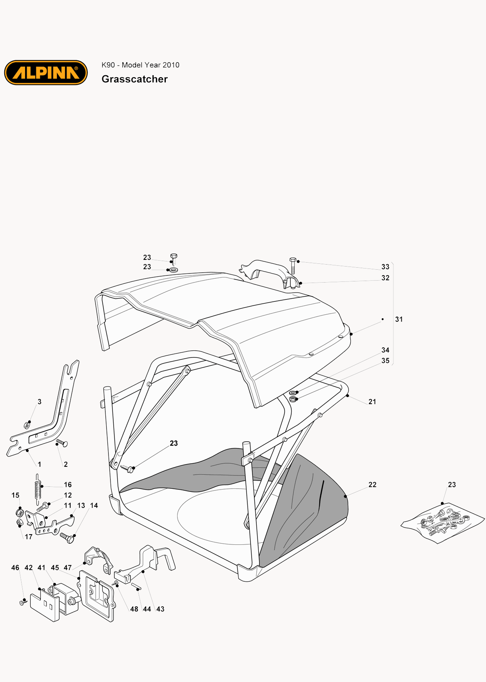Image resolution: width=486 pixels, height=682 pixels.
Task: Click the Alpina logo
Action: (46, 73)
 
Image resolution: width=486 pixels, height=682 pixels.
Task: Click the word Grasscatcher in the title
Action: (134, 79)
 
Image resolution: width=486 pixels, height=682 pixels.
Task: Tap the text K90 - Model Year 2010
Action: (140, 65)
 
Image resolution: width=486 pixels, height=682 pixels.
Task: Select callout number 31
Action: (399, 319)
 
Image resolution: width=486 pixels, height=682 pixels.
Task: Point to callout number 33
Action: (385, 267)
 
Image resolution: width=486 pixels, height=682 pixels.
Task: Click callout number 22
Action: (372, 485)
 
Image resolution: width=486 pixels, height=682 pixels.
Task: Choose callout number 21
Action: (372, 402)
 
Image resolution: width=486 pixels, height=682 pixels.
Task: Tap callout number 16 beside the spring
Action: (68, 485)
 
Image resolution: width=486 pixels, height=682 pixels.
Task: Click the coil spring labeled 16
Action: (38, 489)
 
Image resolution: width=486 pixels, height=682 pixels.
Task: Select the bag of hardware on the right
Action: (442, 523)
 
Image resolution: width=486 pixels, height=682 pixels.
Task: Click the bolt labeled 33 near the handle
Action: (293, 266)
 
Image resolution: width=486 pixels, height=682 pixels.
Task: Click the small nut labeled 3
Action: (27, 425)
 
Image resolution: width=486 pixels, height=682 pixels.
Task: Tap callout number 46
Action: (15, 568)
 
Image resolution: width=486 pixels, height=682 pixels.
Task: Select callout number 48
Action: (134, 609)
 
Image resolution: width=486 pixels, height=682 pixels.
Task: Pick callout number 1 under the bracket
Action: (39, 464)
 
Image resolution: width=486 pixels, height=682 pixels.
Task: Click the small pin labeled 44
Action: (136, 586)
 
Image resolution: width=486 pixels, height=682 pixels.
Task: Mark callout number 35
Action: (385, 361)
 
